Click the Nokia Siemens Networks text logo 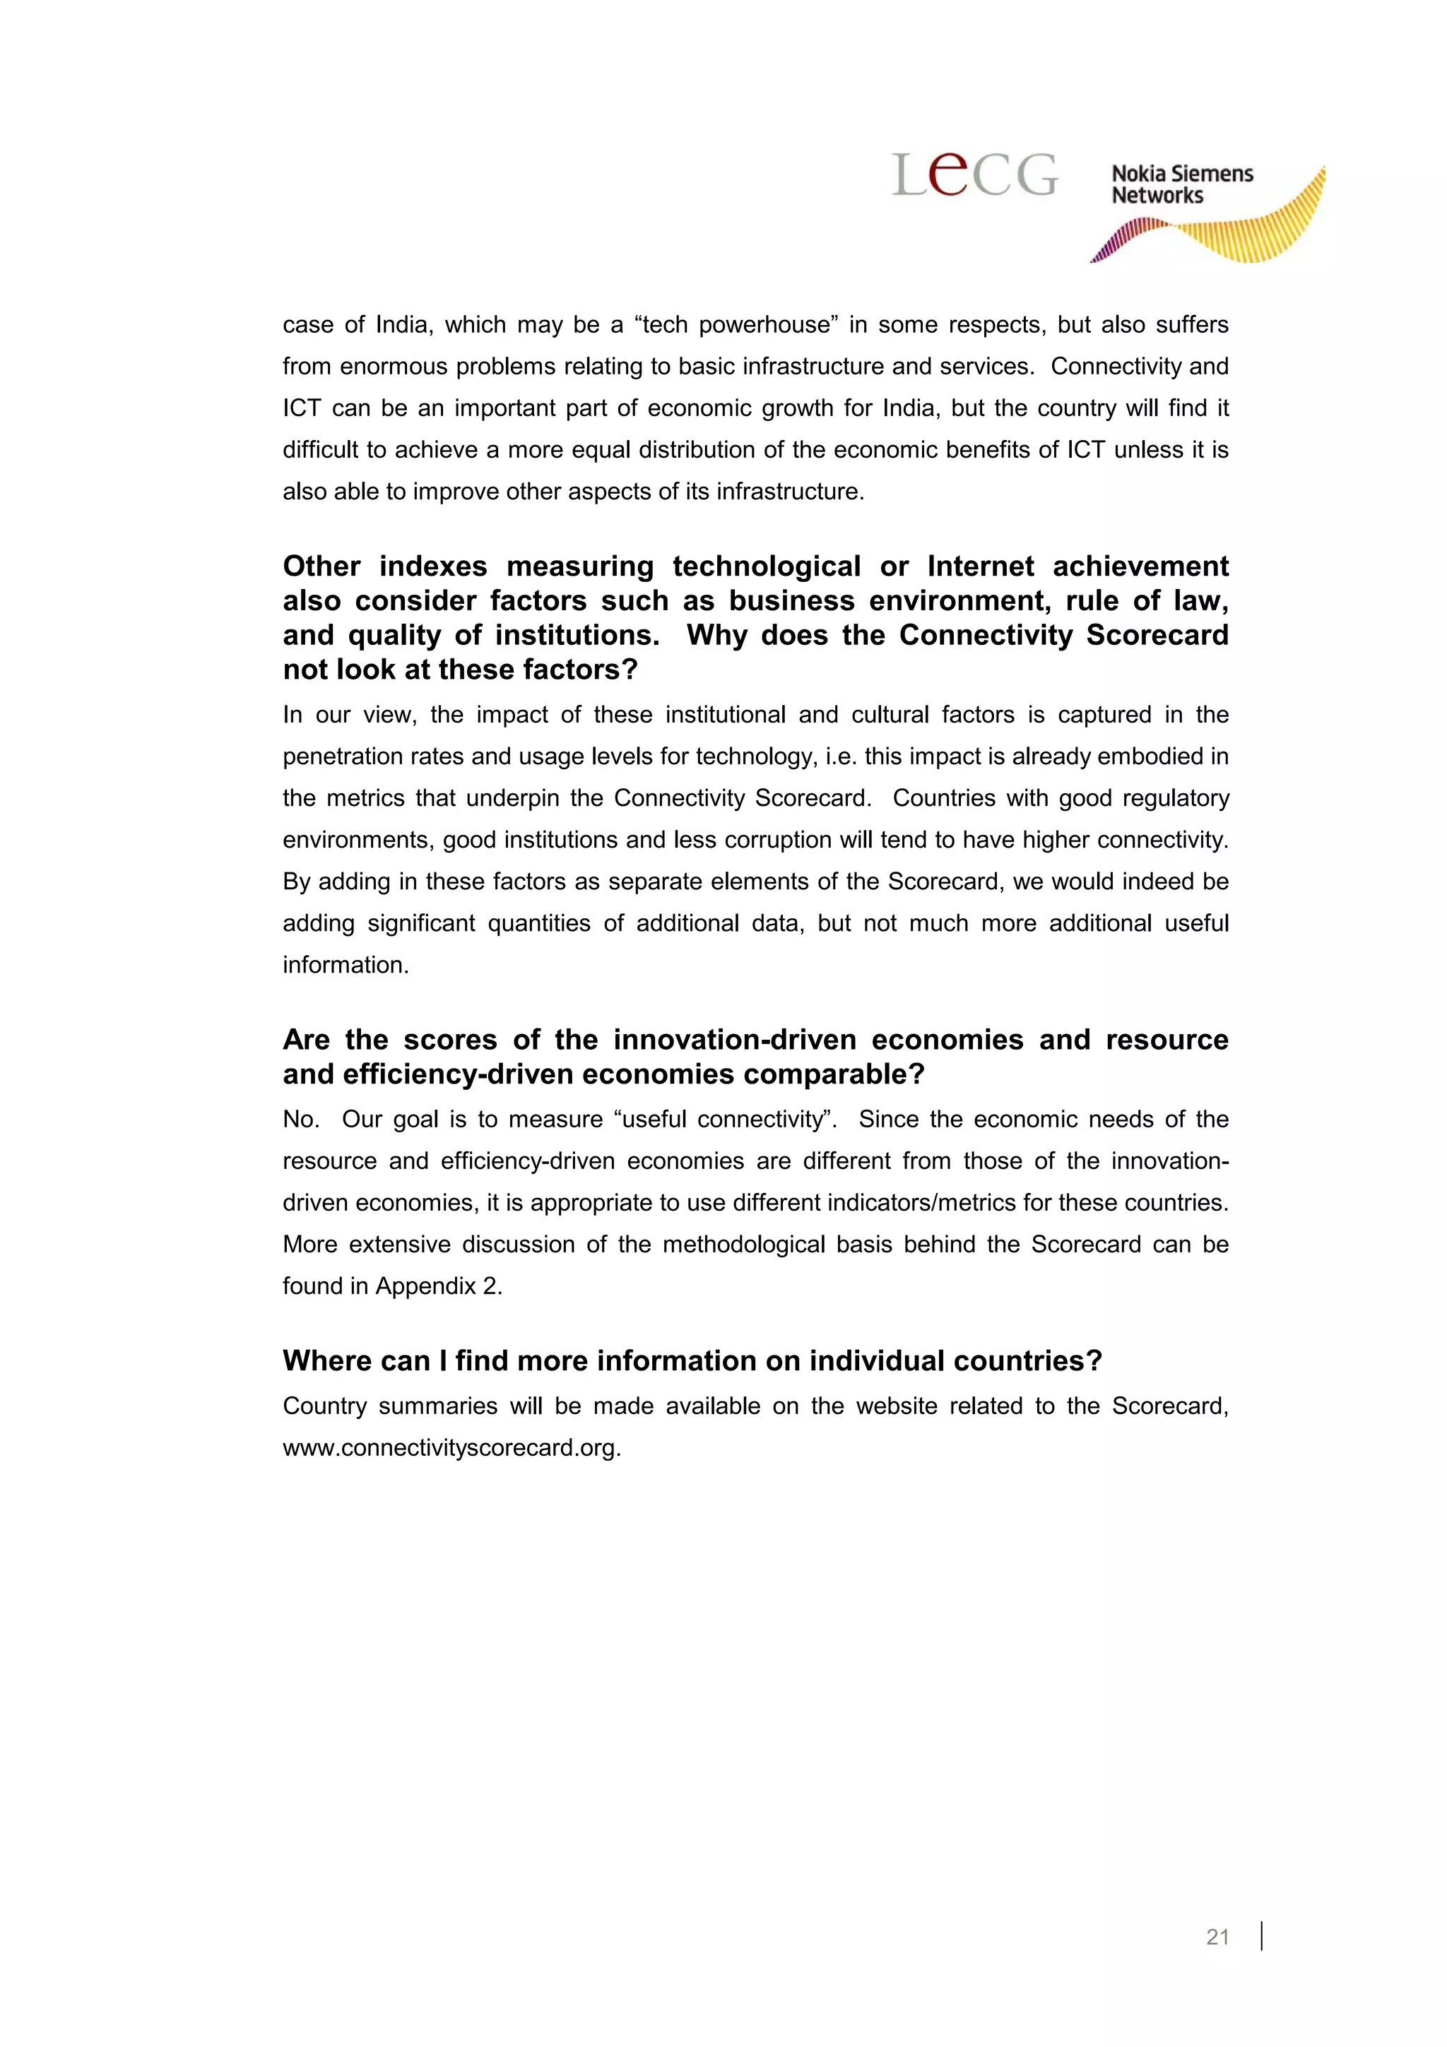[x=1181, y=184]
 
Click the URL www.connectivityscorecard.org [x=451, y=1447]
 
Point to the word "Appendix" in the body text [x=425, y=1286]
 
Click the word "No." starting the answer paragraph [x=300, y=1119]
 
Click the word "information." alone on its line [x=346, y=965]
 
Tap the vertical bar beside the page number [x=1262, y=1935]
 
